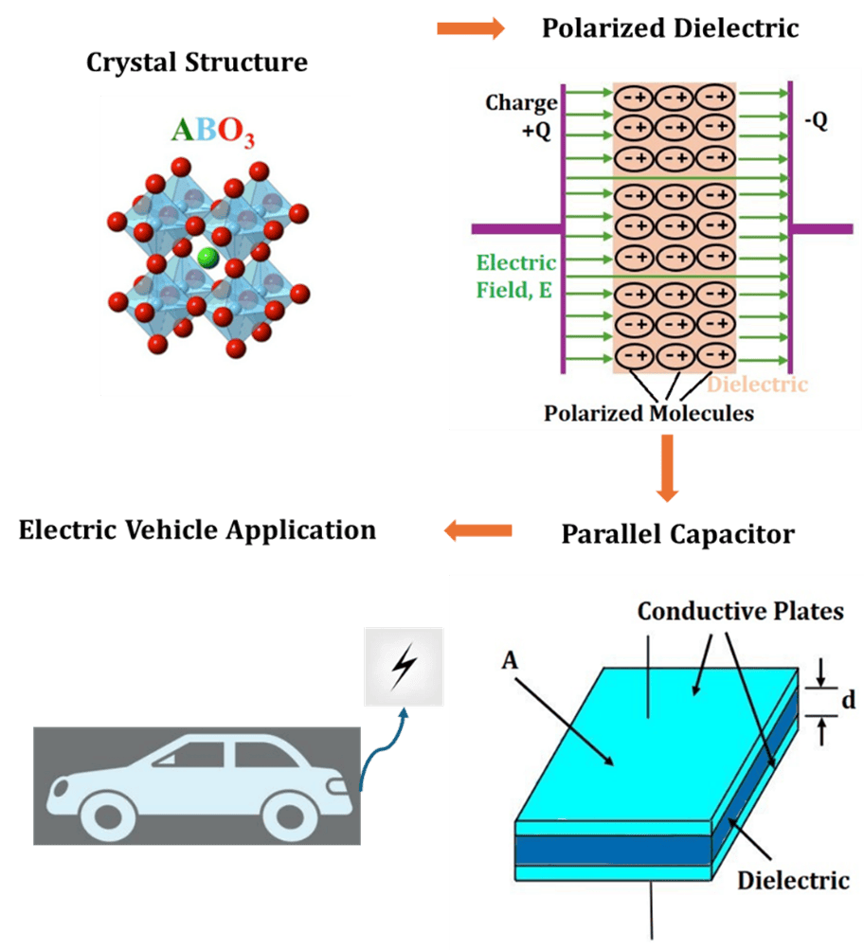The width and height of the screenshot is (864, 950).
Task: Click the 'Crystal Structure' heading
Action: tap(197, 63)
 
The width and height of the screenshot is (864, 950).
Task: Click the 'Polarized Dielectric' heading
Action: tap(670, 28)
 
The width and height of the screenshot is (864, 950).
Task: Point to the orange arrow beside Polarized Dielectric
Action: tap(470, 29)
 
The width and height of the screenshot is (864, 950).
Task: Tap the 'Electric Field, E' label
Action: tap(515, 277)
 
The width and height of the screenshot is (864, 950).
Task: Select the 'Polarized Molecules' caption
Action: tap(649, 413)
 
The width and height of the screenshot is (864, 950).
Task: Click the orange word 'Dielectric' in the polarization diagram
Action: tap(758, 384)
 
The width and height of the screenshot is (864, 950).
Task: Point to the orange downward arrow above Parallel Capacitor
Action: tap(667, 467)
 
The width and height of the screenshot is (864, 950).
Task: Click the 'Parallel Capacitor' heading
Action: tap(677, 534)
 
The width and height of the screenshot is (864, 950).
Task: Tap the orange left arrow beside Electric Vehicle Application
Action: tap(477, 530)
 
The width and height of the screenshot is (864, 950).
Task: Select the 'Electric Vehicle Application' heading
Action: tap(197, 529)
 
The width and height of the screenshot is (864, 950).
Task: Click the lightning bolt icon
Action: tap(403, 667)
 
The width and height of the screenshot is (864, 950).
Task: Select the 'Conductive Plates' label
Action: tap(740, 611)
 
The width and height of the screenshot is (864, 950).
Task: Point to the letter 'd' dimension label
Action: tap(848, 701)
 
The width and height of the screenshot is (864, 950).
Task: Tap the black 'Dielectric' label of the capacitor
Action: tap(793, 880)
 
